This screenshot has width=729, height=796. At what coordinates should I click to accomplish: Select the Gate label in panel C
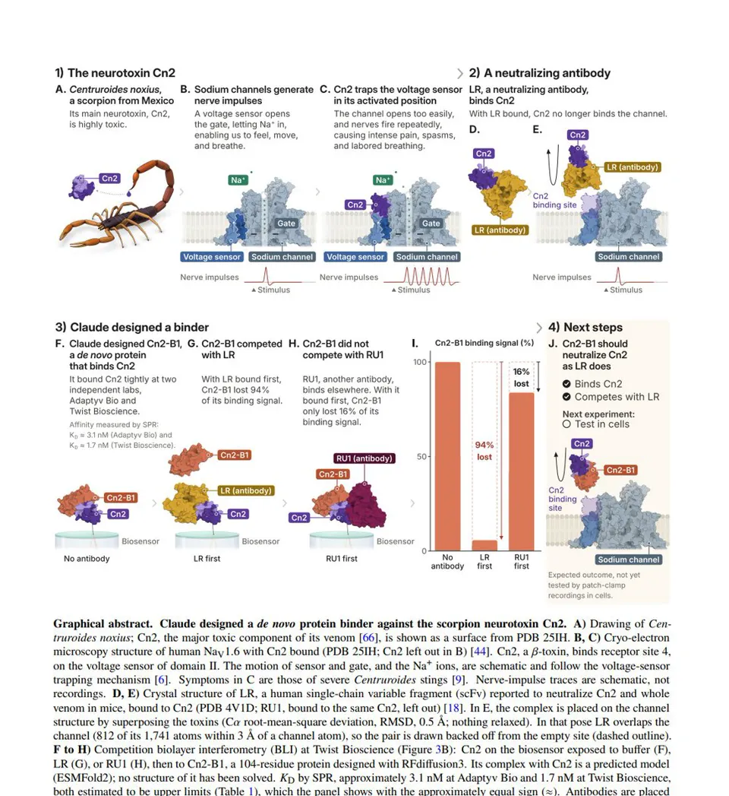[431, 224]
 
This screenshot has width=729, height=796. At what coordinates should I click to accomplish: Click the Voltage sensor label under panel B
[212, 257]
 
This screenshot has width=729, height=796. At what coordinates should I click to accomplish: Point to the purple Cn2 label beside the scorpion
[109, 178]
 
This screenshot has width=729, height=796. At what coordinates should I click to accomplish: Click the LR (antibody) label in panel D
[500, 230]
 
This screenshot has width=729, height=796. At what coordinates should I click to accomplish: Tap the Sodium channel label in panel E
[629, 257]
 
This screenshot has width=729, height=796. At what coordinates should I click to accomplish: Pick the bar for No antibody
[447, 456]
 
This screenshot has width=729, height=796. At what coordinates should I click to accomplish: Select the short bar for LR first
[484, 546]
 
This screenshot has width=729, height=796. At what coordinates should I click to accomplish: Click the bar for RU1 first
[521, 471]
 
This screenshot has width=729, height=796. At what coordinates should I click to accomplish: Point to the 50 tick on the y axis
[421, 456]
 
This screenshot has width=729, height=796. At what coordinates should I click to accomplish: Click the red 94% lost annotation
[484, 451]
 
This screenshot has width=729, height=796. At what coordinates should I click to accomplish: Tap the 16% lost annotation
[521, 378]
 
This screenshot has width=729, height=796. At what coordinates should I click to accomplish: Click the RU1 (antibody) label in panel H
[364, 458]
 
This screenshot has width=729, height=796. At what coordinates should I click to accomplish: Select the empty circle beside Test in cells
[566, 424]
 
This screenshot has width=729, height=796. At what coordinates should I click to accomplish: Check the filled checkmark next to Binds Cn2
[566, 384]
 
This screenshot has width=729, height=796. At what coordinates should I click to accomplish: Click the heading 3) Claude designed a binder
[132, 328]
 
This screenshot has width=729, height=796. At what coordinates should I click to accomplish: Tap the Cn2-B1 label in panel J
[620, 470]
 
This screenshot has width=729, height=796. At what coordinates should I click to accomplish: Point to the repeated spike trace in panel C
[421, 277]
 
